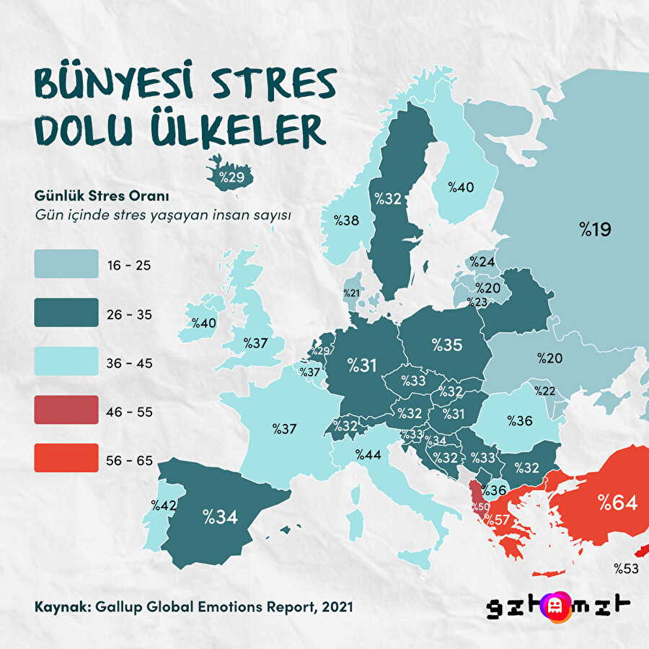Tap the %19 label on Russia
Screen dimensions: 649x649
pos(595,230)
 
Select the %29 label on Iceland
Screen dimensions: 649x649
pos(226,175)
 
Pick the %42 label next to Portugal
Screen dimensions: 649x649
pos(164,505)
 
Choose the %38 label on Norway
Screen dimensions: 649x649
pos(345,220)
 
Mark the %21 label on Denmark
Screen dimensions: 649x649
pos(351,293)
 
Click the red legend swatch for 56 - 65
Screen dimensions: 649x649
pos(66,458)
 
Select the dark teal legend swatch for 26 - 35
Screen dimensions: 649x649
pos(66,312)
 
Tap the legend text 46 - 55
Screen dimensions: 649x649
pos(131,412)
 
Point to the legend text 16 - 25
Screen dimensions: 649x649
pos(131,265)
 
